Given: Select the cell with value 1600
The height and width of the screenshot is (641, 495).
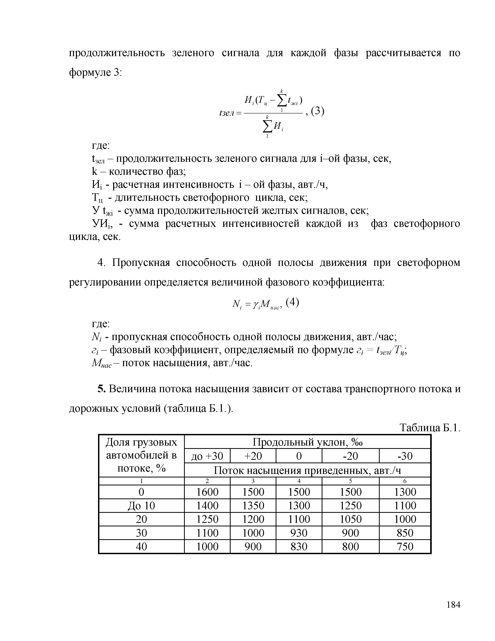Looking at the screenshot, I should (207, 492).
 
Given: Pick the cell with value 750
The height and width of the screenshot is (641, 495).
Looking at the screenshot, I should (405, 546).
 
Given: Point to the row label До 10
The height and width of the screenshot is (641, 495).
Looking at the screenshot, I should (141, 505).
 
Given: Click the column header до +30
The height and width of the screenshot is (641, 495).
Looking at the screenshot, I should (207, 456).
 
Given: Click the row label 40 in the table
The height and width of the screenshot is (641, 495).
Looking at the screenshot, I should (141, 546).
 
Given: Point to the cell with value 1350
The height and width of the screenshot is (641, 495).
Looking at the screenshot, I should (253, 505).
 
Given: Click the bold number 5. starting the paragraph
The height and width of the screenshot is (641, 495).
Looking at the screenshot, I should (101, 389).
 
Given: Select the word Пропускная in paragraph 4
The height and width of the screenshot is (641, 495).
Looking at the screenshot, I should (141, 263).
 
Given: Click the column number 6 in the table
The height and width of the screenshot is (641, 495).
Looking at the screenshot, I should (405, 481).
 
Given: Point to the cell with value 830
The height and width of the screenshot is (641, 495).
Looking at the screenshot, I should (299, 546).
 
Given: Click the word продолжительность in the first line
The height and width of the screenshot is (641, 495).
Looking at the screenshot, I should (117, 53).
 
